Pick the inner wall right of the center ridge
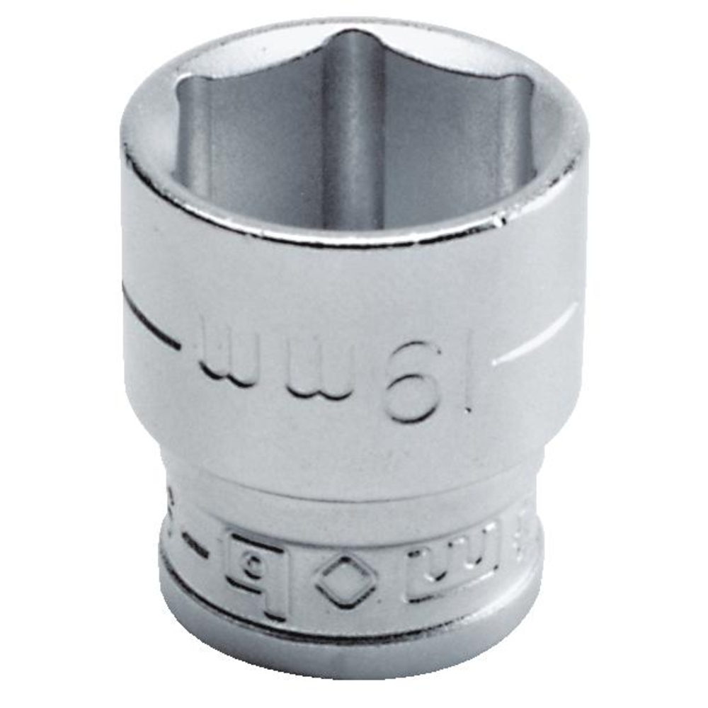(439, 142)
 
